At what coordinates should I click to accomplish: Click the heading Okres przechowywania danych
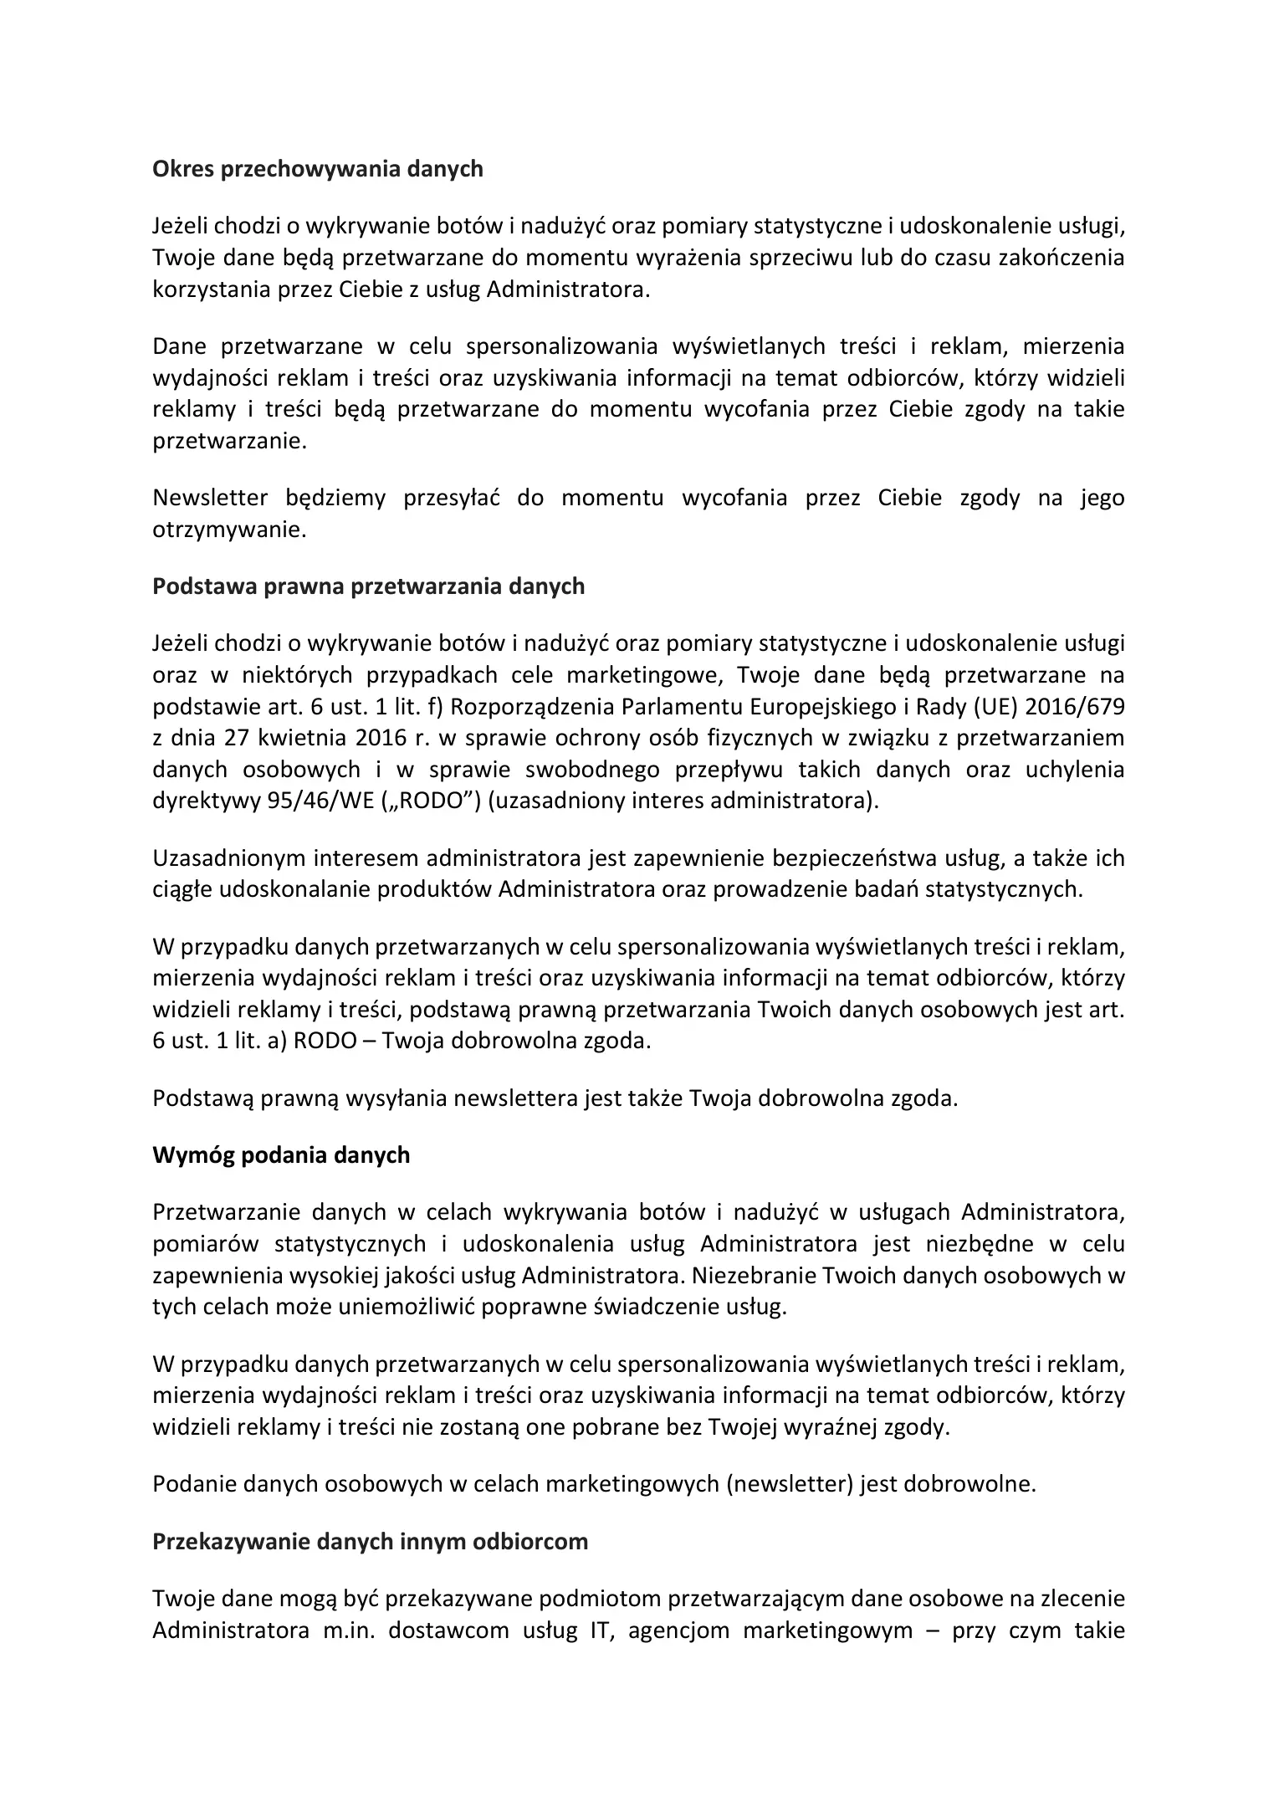[318, 169]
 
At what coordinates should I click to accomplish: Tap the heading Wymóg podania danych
[282, 1155]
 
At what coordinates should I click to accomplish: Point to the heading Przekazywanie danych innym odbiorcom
[371, 1542]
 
